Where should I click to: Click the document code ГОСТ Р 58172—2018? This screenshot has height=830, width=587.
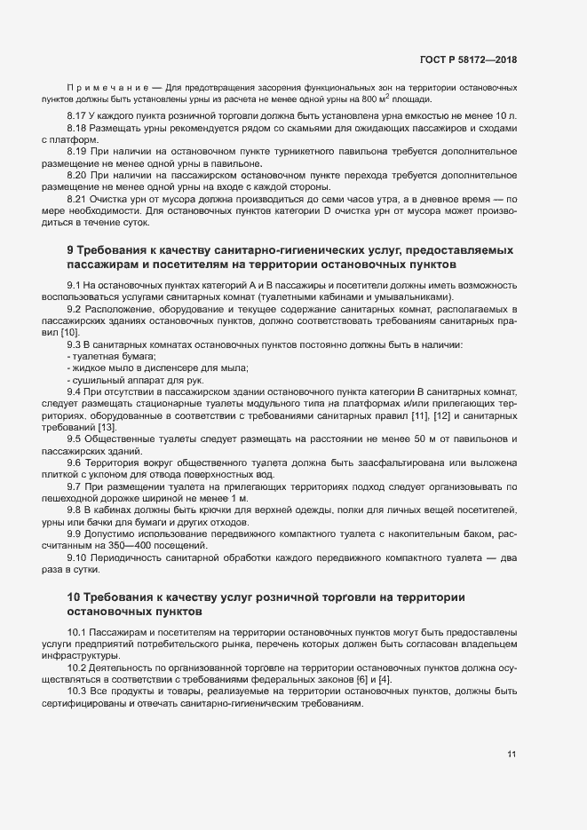(x=468, y=59)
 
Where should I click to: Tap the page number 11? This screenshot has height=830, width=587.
(x=512, y=755)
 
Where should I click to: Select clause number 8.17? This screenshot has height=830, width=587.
(x=78, y=117)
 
